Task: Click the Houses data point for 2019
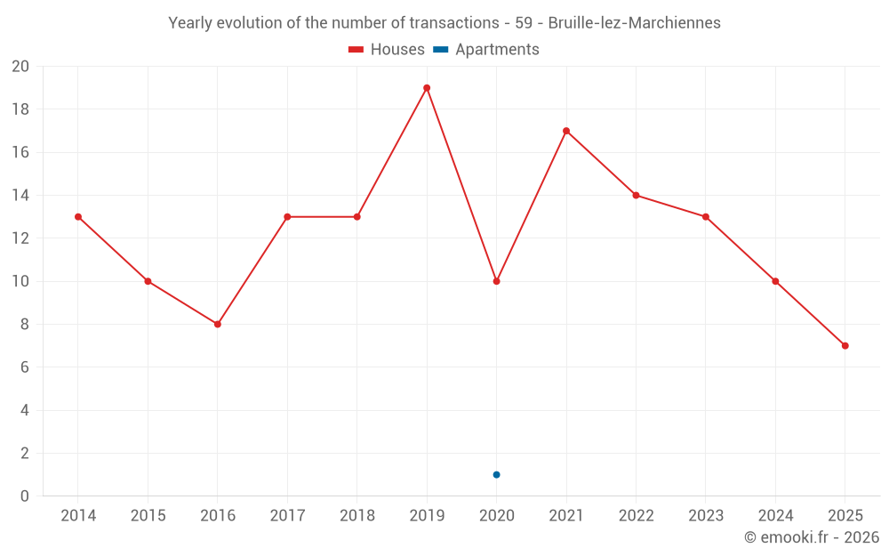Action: (x=427, y=88)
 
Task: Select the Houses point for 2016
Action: (x=218, y=324)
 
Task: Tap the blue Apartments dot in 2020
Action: (x=496, y=474)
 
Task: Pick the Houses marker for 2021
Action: (x=566, y=131)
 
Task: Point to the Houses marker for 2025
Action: (x=845, y=345)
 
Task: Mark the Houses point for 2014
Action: (x=78, y=217)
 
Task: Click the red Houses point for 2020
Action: (x=496, y=281)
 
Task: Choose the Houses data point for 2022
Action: (x=636, y=196)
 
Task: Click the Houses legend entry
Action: (x=387, y=50)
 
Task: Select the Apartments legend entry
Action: (x=486, y=50)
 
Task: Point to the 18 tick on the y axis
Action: (x=20, y=109)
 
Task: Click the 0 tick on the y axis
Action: (x=24, y=496)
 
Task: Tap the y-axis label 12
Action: (x=20, y=238)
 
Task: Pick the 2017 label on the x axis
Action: (x=287, y=516)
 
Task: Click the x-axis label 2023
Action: (x=705, y=516)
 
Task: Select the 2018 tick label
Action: (x=356, y=516)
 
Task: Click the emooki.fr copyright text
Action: (x=812, y=537)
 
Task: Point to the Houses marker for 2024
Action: (x=775, y=281)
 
